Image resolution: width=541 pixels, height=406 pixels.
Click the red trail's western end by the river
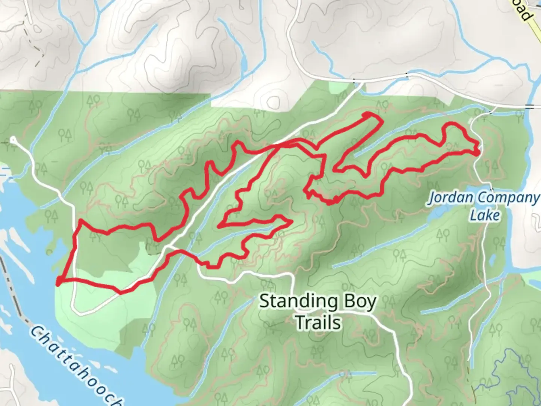pos(59,282)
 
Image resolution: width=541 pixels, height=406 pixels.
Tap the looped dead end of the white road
pos(14,140)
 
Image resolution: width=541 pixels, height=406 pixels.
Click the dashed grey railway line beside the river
pos(13,293)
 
